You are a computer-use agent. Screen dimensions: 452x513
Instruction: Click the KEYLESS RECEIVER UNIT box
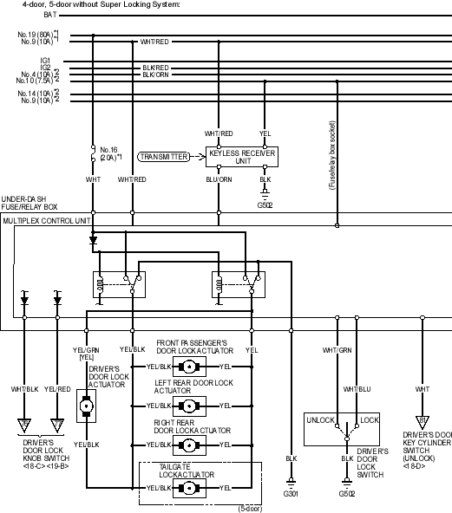pos(242,157)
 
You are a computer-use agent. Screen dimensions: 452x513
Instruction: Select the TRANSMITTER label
pos(164,157)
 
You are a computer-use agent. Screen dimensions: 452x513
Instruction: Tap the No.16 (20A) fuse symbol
pos(93,153)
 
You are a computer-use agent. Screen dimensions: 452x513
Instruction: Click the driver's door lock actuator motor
pos(86,406)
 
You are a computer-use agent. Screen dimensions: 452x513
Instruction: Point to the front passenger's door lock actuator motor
pos(189,367)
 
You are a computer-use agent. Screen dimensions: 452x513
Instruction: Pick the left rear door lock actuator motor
pos(189,406)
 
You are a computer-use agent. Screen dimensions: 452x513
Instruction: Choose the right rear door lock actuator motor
pos(189,445)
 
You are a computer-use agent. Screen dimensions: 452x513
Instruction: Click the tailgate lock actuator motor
pos(189,488)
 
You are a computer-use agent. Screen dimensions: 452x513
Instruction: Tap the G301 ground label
pos(291,494)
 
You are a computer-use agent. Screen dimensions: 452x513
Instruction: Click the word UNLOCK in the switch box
pos(321,420)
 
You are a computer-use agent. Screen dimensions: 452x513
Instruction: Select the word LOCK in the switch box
pos(370,420)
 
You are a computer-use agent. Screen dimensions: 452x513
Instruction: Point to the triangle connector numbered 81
pos(423,422)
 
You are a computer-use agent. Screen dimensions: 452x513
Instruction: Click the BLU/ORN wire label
pos(219,179)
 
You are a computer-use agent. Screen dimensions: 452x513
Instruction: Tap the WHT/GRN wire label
pos(337,350)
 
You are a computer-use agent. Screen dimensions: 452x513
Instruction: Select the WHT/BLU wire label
pos(357,389)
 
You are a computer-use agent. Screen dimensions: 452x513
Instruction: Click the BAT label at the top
pos(50,15)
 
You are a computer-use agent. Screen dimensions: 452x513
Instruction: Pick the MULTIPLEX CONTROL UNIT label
pos(47,221)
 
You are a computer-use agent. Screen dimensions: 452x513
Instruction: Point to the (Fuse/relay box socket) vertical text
pos(332,155)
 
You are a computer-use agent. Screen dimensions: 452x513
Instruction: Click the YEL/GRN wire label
pos(86,350)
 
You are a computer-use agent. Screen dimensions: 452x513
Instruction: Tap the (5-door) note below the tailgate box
pos(250,509)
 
